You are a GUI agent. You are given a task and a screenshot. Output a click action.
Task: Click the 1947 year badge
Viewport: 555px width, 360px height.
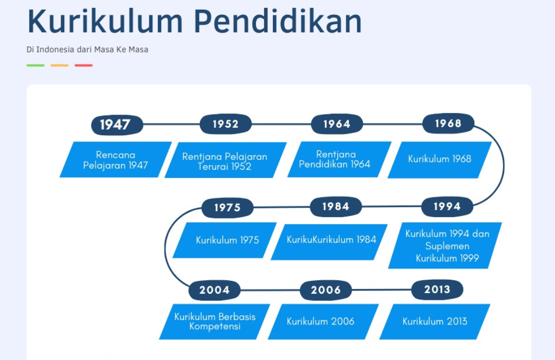(117, 125)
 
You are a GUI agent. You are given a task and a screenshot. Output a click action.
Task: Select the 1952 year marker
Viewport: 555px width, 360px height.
(226, 124)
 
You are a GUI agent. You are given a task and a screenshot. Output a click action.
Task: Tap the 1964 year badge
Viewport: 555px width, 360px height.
(337, 124)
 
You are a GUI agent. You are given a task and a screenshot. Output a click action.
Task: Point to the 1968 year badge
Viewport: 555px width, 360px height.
(448, 123)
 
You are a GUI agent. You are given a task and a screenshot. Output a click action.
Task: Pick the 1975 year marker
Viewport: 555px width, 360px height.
(228, 207)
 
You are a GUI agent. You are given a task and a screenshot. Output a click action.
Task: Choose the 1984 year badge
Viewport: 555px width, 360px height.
(336, 207)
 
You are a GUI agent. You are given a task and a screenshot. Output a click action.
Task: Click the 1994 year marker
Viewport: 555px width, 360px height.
(447, 207)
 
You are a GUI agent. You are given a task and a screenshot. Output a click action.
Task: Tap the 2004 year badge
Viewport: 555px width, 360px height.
(214, 290)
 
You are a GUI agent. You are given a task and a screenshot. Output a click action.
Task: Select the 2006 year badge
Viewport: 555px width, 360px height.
(326, 290)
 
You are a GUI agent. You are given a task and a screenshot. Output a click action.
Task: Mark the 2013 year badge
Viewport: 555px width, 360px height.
(437, 290)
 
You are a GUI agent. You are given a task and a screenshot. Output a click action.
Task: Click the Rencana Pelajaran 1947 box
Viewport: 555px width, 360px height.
(116, 159)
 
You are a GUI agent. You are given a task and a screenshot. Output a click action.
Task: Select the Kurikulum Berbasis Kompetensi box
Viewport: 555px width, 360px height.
(214, 322)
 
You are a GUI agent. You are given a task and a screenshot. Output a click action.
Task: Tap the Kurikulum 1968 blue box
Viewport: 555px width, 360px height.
(439, 160)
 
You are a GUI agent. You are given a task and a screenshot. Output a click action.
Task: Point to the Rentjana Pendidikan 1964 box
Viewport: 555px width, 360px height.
(340, 159)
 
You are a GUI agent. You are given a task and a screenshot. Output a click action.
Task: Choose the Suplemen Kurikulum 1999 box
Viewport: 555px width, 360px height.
(445, 245)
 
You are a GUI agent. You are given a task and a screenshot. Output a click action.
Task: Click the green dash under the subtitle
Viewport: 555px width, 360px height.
(35, 65)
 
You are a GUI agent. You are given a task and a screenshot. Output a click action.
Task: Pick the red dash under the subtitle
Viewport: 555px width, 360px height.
(84, 65)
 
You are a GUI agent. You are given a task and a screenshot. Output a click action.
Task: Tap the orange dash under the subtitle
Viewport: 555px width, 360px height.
(60, 65)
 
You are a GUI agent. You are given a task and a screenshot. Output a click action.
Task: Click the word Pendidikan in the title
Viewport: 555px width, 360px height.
(278, 22)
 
